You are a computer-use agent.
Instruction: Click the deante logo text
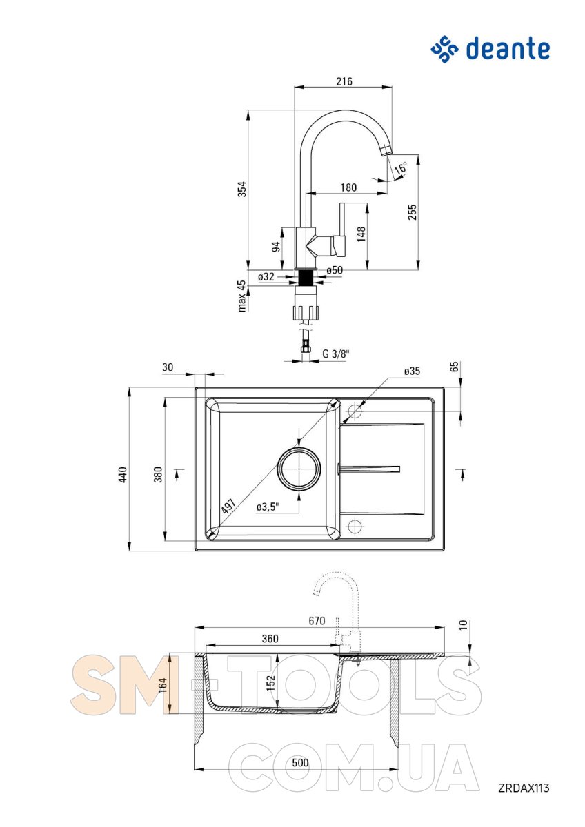coord(508,49)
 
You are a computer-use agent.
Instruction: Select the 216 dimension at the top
coord(344,81)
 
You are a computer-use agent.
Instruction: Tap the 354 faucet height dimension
coord(241,189)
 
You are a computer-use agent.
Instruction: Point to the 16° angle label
coord(400,168)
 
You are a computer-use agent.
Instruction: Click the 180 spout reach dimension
coord(348,187)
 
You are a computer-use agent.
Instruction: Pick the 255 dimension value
coord(412,212)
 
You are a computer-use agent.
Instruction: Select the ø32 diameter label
coord(266,276)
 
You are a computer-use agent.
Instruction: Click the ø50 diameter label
coord(335,270)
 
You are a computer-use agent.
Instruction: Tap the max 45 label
coord(241,296)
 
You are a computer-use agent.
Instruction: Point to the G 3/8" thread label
coord(335,354)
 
